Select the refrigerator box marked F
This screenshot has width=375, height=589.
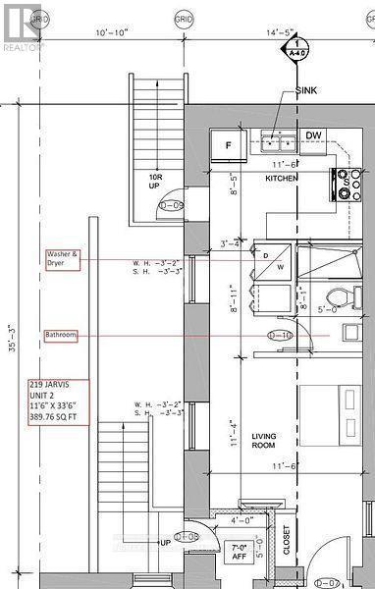point(229,145)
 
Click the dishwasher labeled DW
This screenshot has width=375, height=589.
point(313,136)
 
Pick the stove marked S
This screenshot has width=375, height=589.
point(347,182)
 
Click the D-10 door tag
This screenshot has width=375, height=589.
point(281,334)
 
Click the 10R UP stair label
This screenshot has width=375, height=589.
point(154,182)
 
